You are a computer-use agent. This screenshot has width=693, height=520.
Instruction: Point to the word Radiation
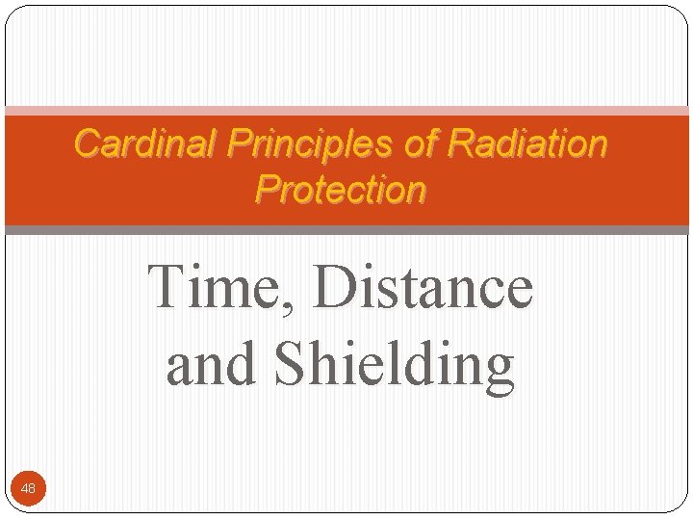(527, 144)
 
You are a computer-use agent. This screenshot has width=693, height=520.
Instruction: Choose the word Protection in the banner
(341, 190)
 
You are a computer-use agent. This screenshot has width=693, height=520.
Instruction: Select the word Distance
(423, 287)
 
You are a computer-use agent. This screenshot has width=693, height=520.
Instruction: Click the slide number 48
(28, 489)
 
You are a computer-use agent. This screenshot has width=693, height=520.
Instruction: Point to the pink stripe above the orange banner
(346, 111)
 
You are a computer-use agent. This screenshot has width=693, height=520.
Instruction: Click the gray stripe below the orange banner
(346, 230)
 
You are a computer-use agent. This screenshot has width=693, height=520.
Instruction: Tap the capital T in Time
(169, 287)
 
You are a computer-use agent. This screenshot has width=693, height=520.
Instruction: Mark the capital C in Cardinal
(87, 144)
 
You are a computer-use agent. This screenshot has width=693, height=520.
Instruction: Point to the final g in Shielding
(499, 372)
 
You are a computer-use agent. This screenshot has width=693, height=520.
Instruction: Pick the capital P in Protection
(267, 190)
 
